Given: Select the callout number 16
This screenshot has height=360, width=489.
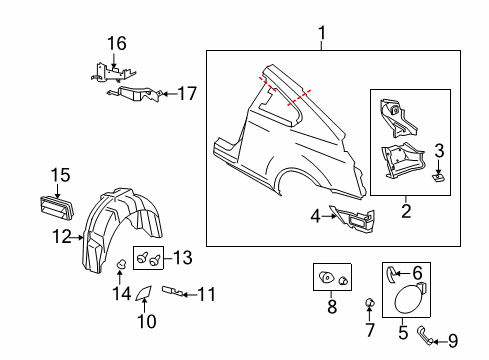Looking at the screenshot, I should point(117,43).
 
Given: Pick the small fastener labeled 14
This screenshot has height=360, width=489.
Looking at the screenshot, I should point(120,264).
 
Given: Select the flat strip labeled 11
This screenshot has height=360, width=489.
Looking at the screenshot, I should point(176,293).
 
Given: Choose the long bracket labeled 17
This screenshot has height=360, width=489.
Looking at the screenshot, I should point(135,94).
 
